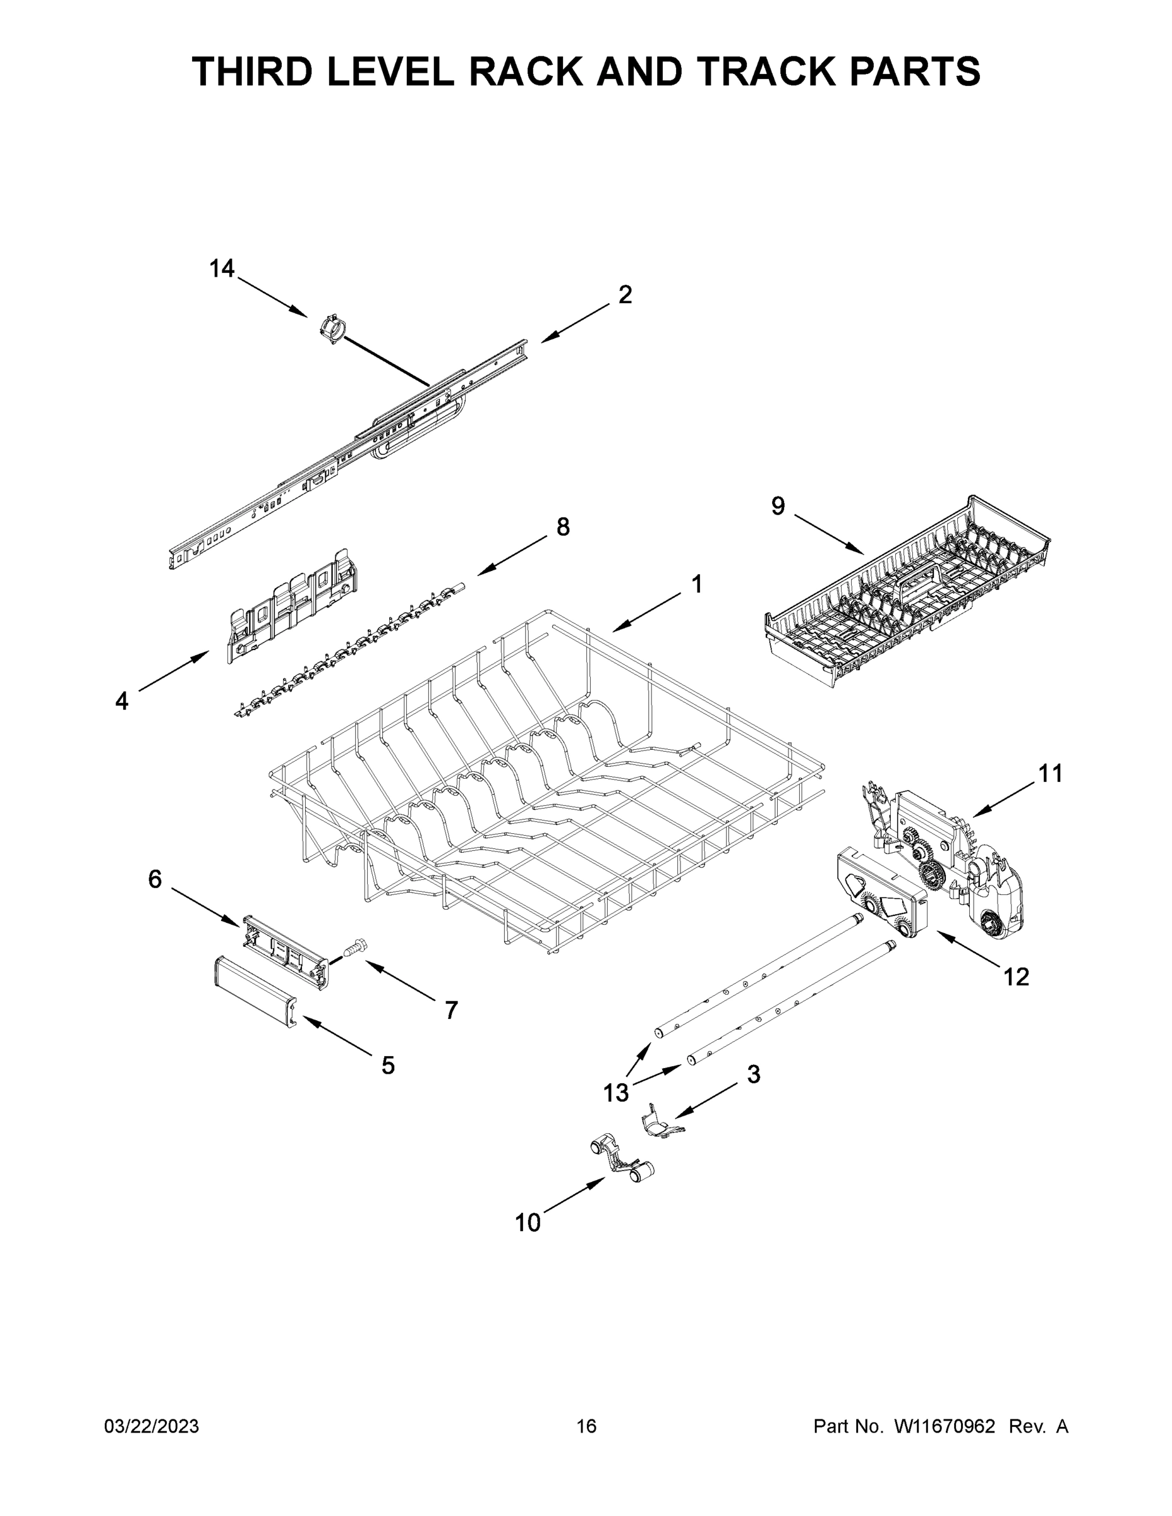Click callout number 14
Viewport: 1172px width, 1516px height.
(x=222, y=268)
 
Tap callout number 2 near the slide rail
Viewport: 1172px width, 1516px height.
(x=625, y=295)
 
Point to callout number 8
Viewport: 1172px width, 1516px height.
(x=563, y=527)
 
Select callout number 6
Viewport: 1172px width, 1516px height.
(x=155, y=879)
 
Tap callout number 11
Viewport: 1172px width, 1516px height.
(x=1051, y=773)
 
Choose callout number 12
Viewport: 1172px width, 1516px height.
(x=1017, y=977)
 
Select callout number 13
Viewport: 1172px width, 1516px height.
(x=616, y=1093)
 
